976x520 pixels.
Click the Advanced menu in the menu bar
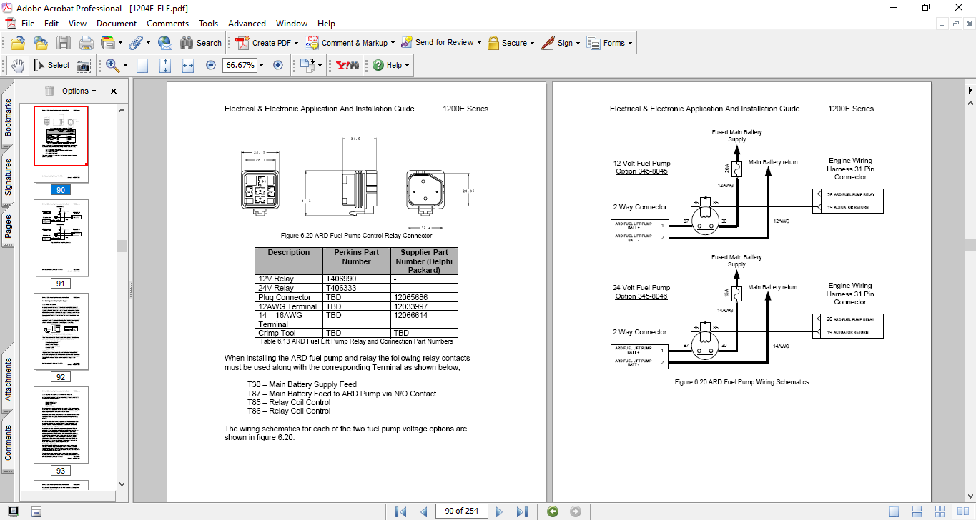tap(247, 24)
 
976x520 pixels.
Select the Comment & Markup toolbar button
tap(348, 43)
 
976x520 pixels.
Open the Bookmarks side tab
tap(8, 117)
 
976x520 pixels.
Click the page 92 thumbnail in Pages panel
tap(61, 331)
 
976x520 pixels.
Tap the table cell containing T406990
tap(357, 279)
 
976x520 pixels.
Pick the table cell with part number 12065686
tap(423, 297)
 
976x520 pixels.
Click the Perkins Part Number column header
tap(357, 257)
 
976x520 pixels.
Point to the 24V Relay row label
tap(275, 288)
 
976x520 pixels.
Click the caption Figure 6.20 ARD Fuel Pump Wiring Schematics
tap(741, 382)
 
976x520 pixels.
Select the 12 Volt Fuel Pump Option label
tap(642, 167)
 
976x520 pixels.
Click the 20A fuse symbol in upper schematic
tap(737, 169)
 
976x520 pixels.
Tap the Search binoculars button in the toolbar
tap(200, 43)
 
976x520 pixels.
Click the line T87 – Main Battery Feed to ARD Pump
tap(342, 394)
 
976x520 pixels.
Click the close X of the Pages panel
tap(113, 91)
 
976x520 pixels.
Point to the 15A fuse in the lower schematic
tap(737, 294)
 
